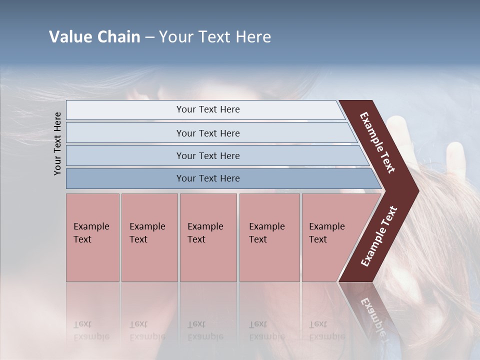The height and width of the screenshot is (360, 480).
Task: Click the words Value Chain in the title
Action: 94,37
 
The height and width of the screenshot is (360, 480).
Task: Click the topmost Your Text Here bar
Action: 207,109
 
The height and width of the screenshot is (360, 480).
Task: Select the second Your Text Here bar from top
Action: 207,133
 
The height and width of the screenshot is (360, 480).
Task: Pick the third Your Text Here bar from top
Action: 207,155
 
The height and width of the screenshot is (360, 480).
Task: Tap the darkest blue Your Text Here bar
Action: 207,178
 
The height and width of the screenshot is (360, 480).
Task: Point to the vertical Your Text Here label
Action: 57,143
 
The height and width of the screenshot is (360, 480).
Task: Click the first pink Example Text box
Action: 92,237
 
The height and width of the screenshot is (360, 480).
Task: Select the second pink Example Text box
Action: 149,237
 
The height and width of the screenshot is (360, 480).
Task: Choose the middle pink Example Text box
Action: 208,237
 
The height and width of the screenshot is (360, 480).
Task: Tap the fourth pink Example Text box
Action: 269,237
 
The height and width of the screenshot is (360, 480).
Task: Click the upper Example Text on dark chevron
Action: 377,142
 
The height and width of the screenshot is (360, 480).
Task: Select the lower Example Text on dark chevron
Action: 379,236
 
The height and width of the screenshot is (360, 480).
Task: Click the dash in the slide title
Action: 149,37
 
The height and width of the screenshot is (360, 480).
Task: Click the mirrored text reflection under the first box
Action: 91,330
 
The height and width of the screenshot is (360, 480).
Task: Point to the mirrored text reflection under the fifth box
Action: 326,330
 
